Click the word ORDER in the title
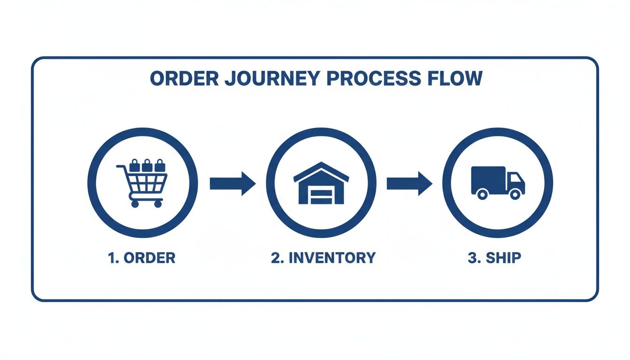coord(184,79)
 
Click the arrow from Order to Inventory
coord(232,183)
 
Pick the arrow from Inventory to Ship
coord(409,183)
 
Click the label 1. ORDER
coord(142,257)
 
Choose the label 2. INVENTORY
coord(323,257)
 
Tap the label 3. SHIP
coord(494,257)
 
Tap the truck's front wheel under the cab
coord(515,194)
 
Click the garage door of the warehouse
coord(321,194)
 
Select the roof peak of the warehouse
coord(321,165)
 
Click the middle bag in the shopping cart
coord(147,165)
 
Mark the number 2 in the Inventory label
coord(275,257)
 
